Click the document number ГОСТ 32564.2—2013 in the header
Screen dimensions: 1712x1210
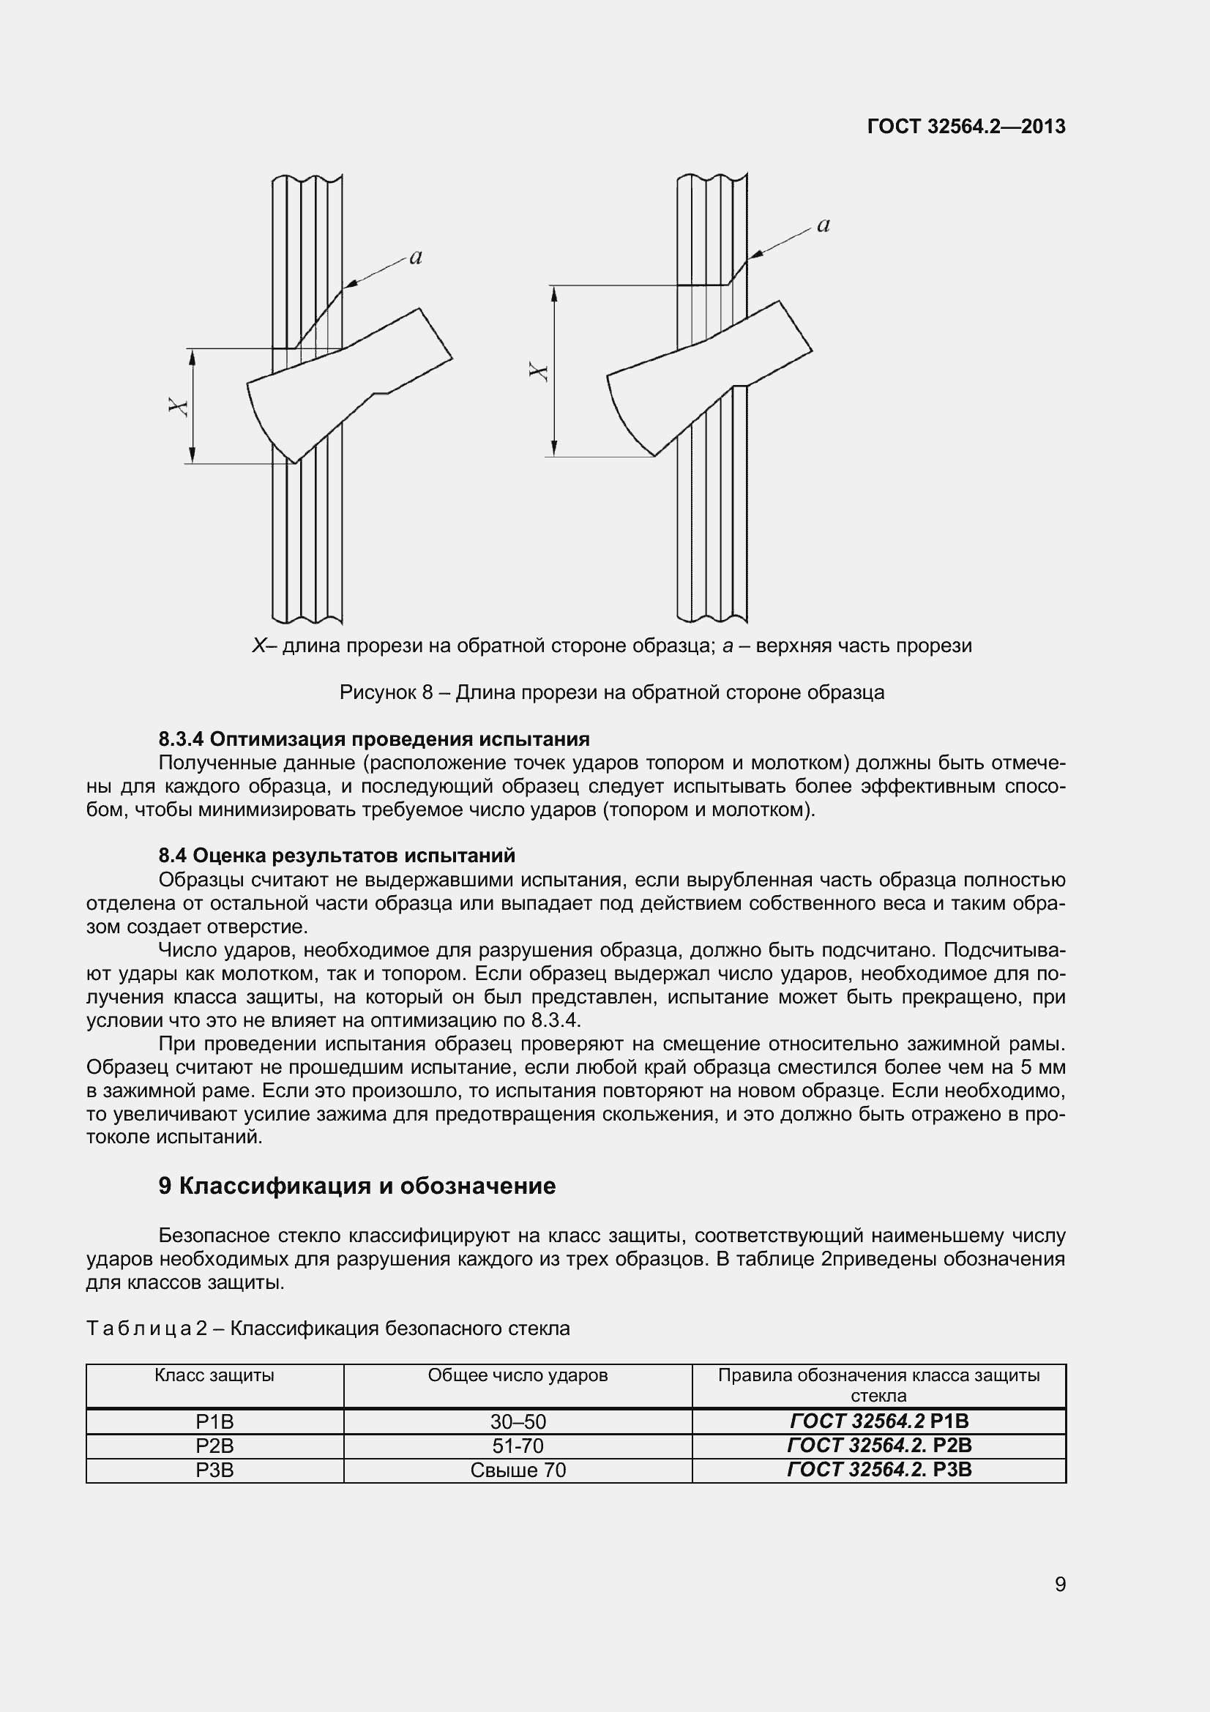(x=966, y=127)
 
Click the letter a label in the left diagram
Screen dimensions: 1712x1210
(x=416, y=258)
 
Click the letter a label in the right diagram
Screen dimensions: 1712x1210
(x=823, y=225)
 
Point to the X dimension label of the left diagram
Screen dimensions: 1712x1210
(x=178, y=406)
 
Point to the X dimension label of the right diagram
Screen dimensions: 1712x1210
(x=539, y=370)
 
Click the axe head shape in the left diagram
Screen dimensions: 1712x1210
(x=328, y=388)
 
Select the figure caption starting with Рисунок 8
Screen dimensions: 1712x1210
(x=611, y=692)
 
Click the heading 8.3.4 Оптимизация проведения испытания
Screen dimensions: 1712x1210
(x=373, y=739)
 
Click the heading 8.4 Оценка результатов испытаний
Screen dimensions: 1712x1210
(x=336, y=855)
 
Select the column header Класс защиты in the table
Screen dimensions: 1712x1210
(x=214, y=1376)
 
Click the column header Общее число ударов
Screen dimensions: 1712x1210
(x=518, y=1376)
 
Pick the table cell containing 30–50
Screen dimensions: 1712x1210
(x=518, y=1422)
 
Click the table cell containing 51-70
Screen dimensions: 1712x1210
(x=518, y=1446)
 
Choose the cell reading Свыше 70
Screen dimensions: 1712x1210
(x=518, y=1470)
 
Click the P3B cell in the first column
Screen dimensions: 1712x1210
(x=214, y=1470)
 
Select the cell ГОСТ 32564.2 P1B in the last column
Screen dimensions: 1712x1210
(x=879, y=1421)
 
